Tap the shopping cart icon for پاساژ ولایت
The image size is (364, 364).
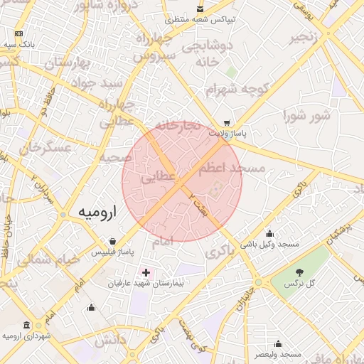[226, 122]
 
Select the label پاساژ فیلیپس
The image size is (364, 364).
[112, 252]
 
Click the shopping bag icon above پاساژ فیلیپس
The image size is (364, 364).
[112, 242]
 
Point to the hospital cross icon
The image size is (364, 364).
[146, 272]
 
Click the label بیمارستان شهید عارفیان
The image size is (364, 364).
[146, 284]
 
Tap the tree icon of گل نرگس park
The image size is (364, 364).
[299, 272]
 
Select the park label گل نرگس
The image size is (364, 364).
[299, 284]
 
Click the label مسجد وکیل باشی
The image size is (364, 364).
[269, 245]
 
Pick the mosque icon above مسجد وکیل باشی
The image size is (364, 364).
[269, 234]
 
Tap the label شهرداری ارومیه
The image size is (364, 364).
[27, 336]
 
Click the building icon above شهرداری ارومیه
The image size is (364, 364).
[27, 325]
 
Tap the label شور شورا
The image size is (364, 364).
[306, 114]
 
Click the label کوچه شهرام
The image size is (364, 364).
[230, 90]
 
